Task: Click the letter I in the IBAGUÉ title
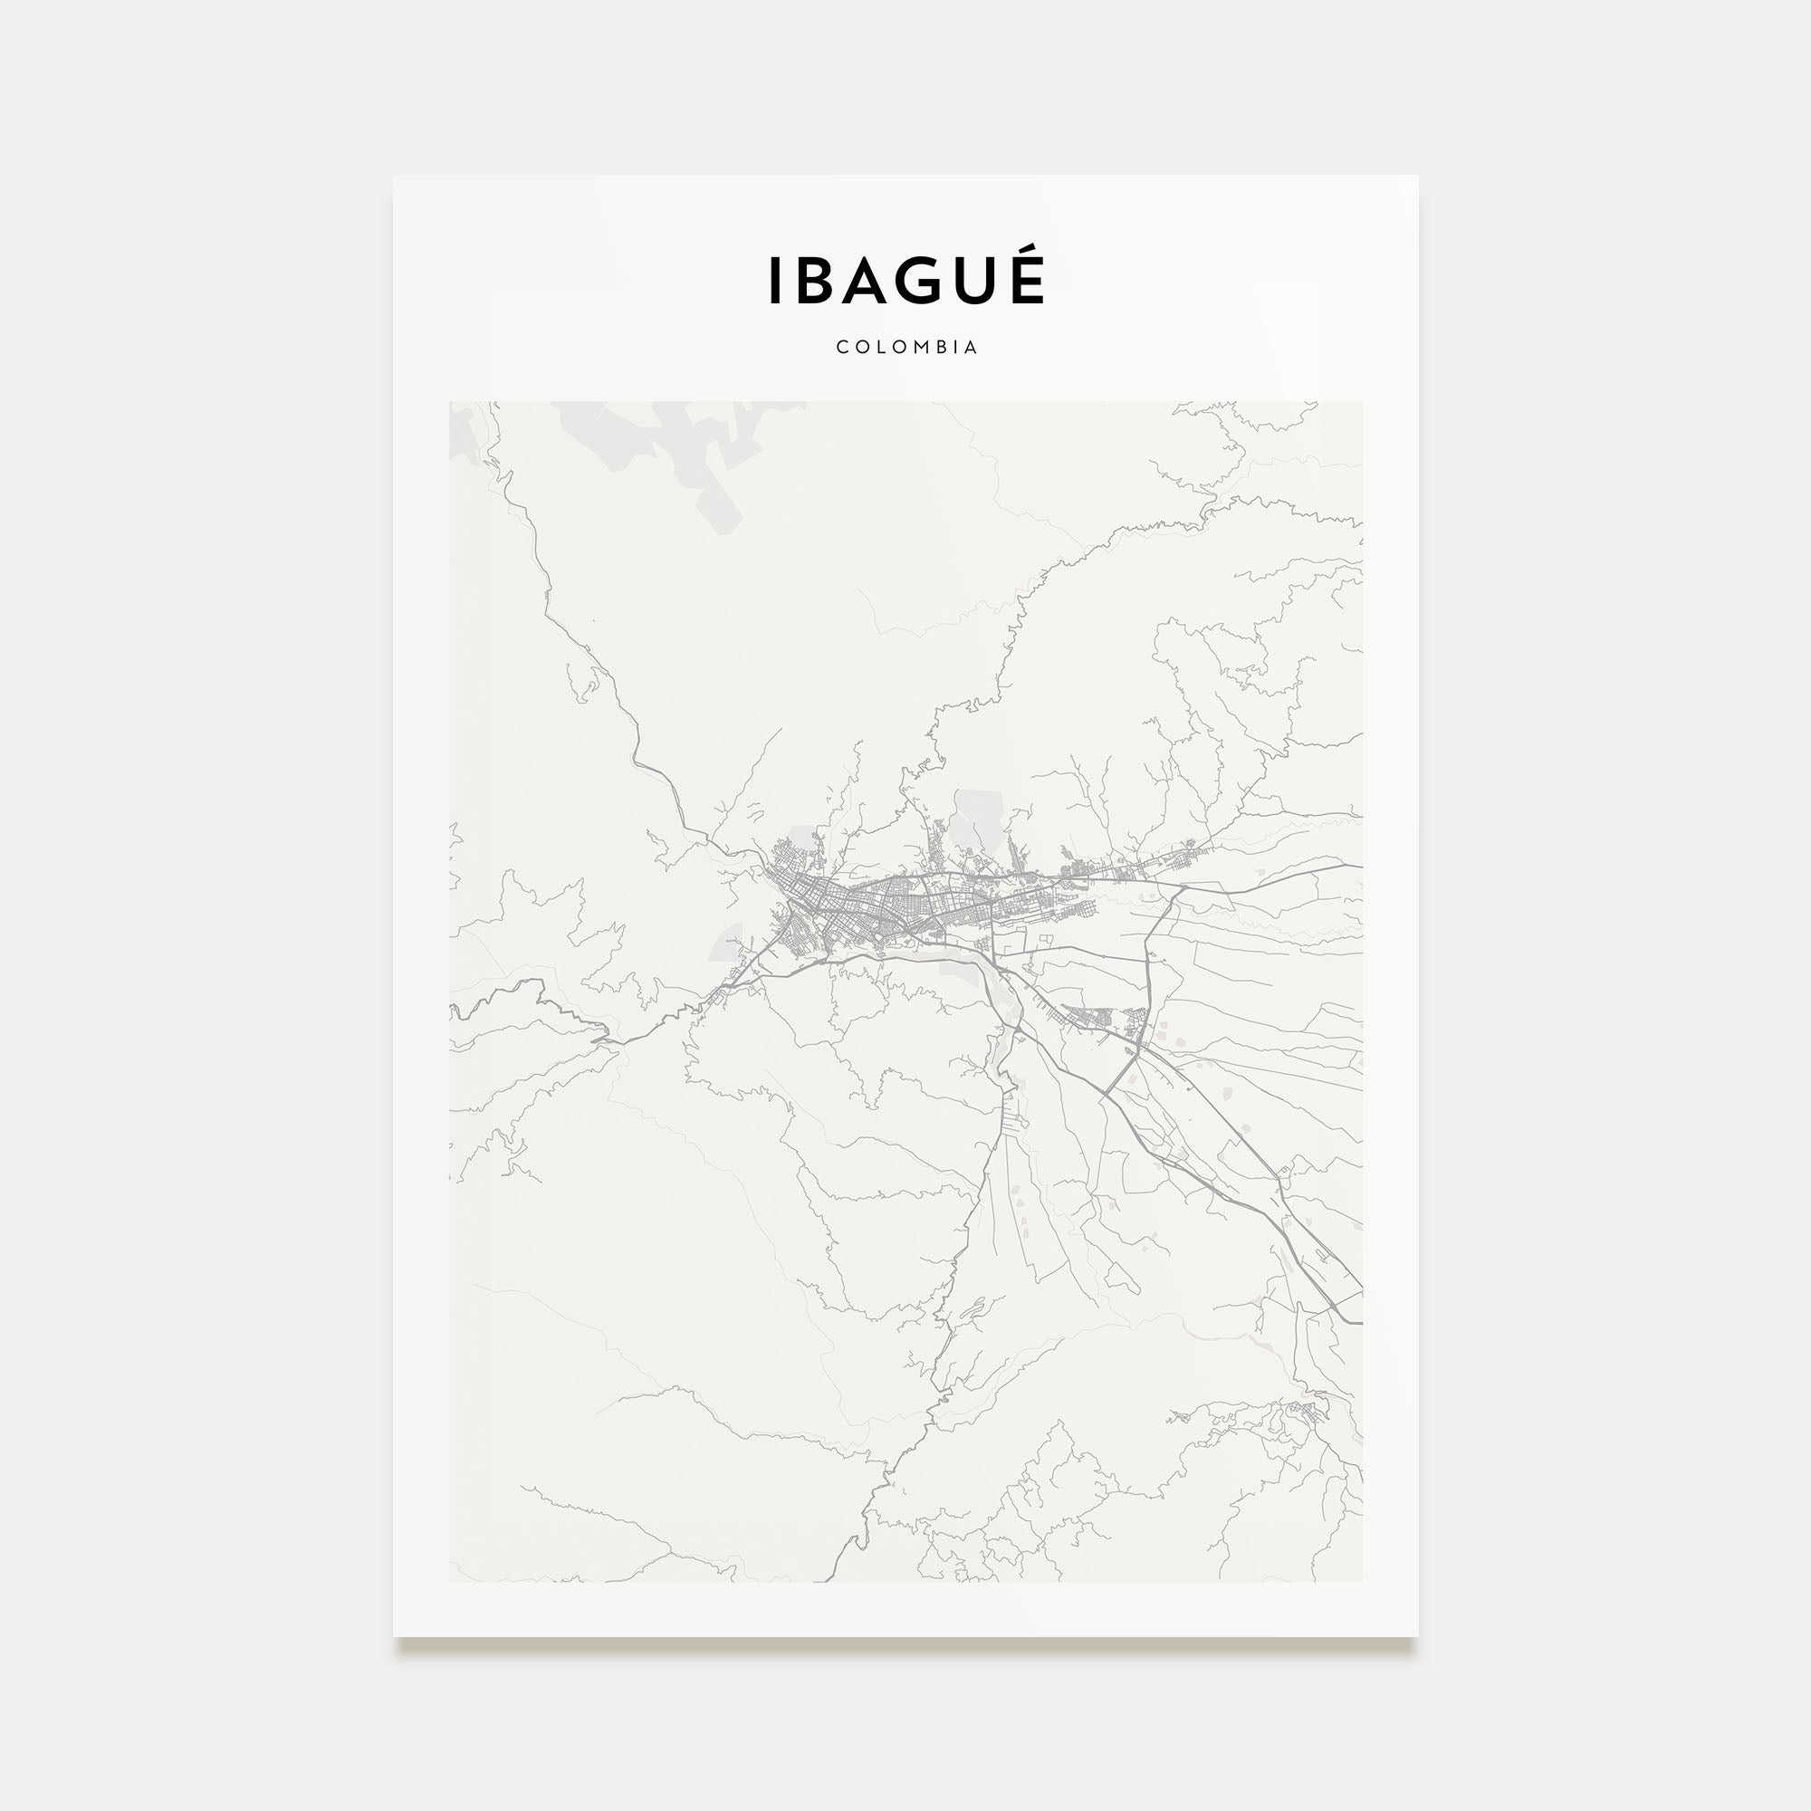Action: pos(774,281)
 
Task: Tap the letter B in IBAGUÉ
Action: pos(817,281)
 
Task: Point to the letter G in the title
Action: pos(934,281)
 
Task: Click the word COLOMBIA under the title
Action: pos(906,347)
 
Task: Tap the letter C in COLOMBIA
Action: pos(842,347)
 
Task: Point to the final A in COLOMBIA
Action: pos(971,347)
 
